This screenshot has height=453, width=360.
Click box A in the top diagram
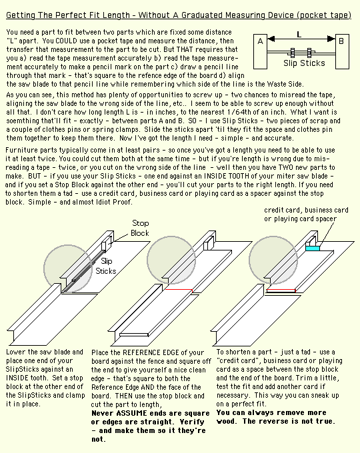pyautogui.click(x=260, y=52)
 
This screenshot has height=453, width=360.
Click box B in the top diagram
pyautogui.click(x=342, y=52)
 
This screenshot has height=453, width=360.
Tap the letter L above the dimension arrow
pyautogui.click(x=299, y=35)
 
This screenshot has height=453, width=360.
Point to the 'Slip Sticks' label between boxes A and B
pyautogui.click(x=304, y=63)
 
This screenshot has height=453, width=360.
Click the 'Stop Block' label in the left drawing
pyautogui.click(x=140, y=228)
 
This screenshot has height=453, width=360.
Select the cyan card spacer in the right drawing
pyautogui.click(x=313, y=248)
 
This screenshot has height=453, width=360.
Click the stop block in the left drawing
pyautogui.click(x=106, y=243)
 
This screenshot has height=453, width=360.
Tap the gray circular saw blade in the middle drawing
pyautogui.click(x=171, y=260)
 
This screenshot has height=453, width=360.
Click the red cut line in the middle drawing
pyautogui.click(x=179, y=290)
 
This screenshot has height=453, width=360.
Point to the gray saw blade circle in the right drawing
pyautogui.click(x=273, y=260)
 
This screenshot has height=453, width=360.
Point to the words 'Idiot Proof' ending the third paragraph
pyautogui.click(x=113, y=202)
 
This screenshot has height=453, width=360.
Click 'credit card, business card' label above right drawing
pyautogui.click(x=306, y=210)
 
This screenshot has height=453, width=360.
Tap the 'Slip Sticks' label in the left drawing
pyautogui.click(x=106, y=266)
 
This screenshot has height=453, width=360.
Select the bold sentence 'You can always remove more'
pyautogui.click(x=271, y=412)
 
